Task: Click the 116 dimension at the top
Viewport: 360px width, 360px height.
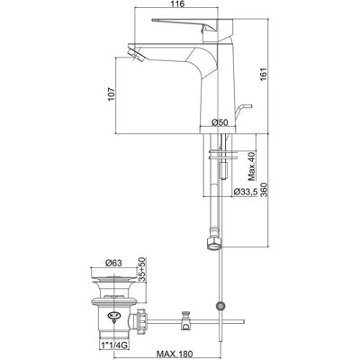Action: coord(178,4)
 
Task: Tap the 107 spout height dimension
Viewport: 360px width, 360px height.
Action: coord(112,94)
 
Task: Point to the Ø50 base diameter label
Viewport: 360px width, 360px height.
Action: coord(220,122)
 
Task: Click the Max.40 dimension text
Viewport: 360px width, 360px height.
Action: coord(252,166)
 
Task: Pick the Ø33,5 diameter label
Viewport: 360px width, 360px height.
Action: coord(246,192)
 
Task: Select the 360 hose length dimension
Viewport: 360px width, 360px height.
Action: coord(264,189)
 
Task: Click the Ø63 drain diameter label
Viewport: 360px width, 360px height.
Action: coord(113,263)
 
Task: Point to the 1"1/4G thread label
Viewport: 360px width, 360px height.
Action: coord(113,346)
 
